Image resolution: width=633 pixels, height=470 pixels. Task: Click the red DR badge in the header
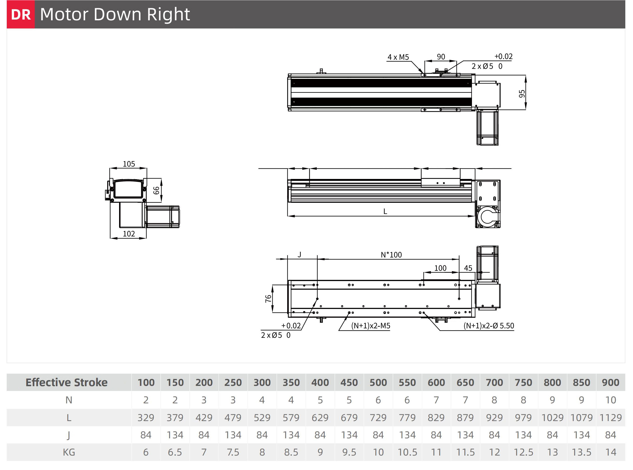tap(21, 14)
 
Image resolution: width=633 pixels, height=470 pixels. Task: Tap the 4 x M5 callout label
tap(398, 57)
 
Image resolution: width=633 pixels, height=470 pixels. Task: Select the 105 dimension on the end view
tap(129, 164)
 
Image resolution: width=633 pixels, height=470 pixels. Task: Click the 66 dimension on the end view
tap(156, 190)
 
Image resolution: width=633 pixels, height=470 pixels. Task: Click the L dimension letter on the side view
tap(385, 211)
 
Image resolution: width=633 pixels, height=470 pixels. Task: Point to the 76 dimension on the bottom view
tap(268, 298)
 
